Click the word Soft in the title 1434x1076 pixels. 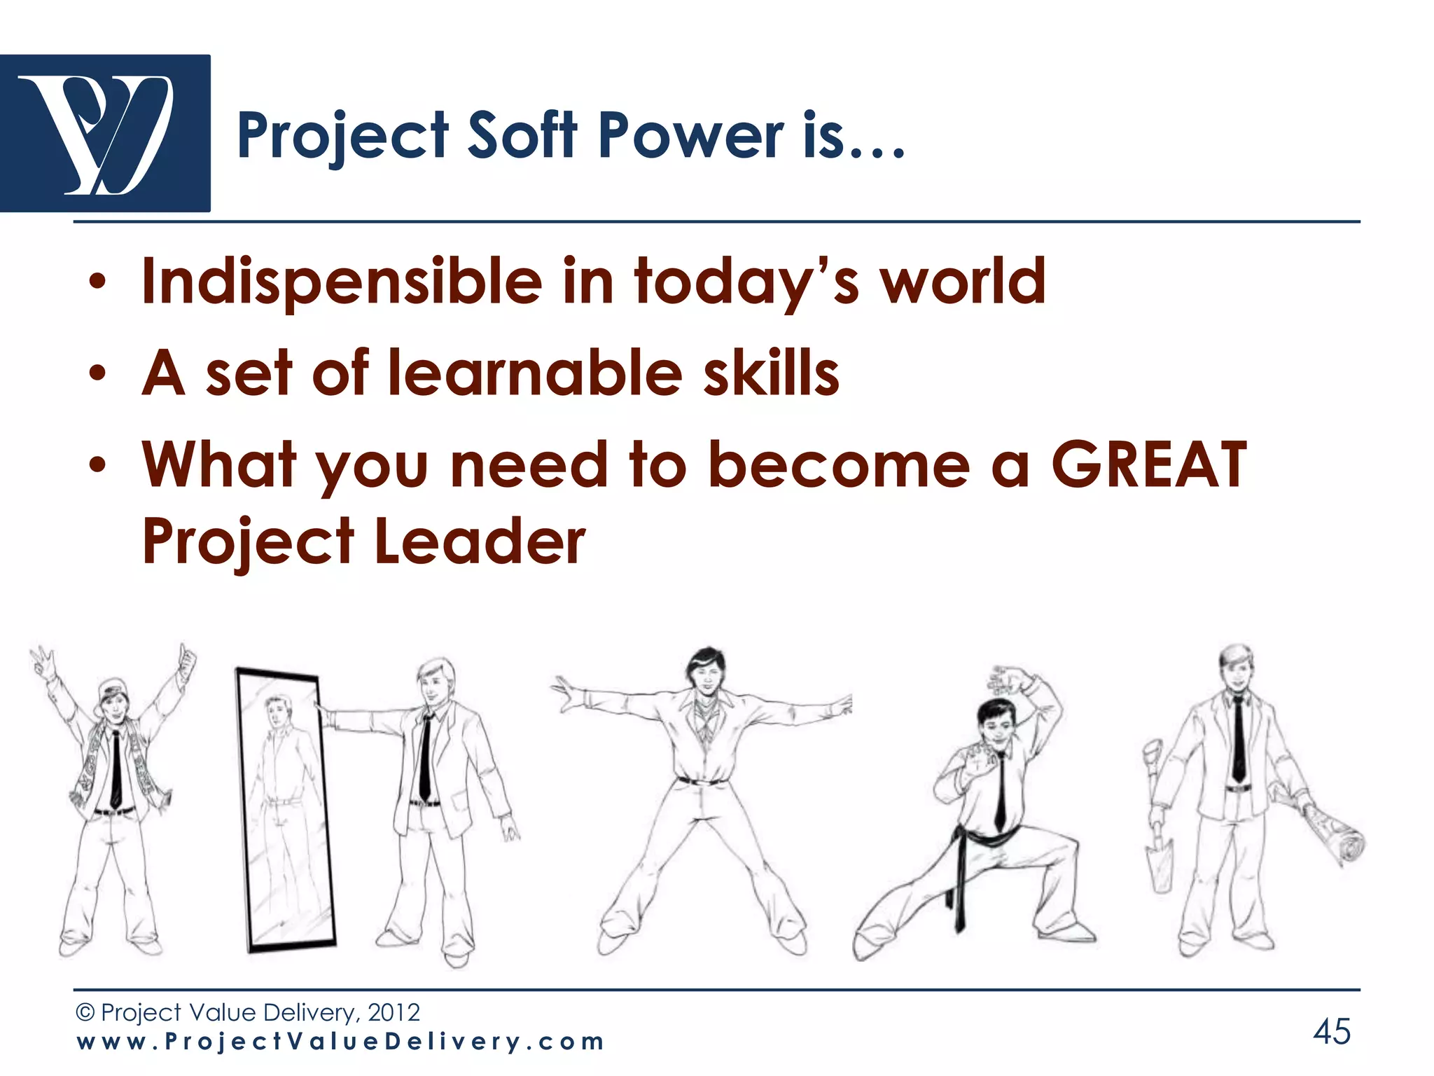click(522, 136)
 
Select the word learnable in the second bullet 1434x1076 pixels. click(535, 373)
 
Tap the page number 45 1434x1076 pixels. click(1331, 1032)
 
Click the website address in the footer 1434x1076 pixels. click(340, 1042)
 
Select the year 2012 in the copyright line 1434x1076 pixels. click(394, 1012)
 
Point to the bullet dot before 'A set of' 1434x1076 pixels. click(98, 373)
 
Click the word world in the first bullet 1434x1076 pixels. click(962, 282)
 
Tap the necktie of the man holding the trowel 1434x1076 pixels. click(1238, 739)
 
